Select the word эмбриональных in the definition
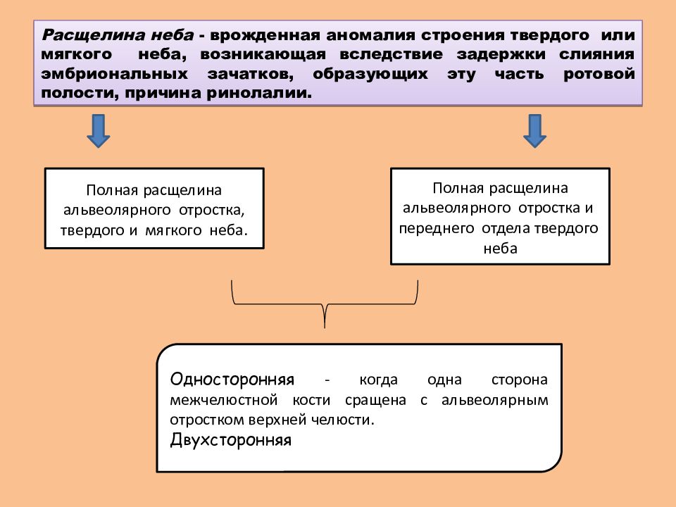pos(115,74)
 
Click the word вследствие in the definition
pos(391,54)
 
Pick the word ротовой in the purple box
pos(599,74)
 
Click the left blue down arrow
pos(99,131)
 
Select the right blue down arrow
pos(534,131)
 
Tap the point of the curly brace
pos(325,327)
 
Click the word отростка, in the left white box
pos(212,210)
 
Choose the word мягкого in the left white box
pos(173,230)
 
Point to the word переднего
pos(437,228)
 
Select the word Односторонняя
pos(232,380)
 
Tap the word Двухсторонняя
pos(231,439)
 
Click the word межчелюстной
pos(224,400)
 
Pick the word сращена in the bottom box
pos(375,400)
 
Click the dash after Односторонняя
pos(327,380)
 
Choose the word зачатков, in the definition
pos(251,74)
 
